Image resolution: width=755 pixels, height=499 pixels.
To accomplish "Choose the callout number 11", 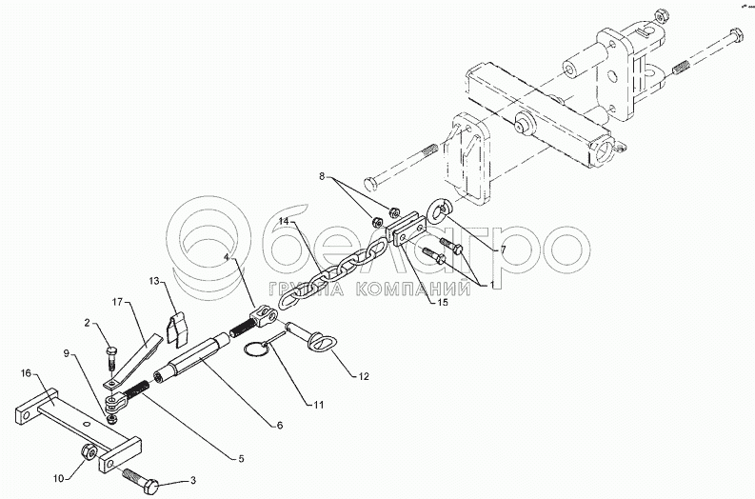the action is (x=317, y=405).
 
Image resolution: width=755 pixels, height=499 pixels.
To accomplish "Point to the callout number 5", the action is (x=241, y=460).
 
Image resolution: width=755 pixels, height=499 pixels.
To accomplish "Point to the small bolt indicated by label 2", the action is (x=110, y=360).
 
